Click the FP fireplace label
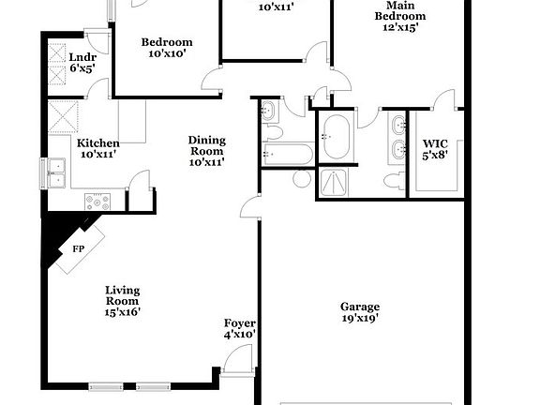pyautogui.click(x=79, y=248)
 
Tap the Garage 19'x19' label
pyautogui.click(x=360, y=312)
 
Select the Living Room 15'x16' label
pyautogui.click(x=123, y=301)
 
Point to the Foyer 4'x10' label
pyautogui.click(x=240, y=328)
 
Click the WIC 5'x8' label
pyautogui.click(x=435, y=149)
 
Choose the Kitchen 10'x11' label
pyautogui.click(x=98, y=148)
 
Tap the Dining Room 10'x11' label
pyautogui.click(x=207, y=151)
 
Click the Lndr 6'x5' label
pyautogui.click(x=82, y=63)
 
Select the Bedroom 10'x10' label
pyautogui.click(x=167, y=48)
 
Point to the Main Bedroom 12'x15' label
pyautogui.click(x=400, y=16)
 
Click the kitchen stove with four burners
pyautogui.click(x=97, y=202)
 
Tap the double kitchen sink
pyautogui.click(x=56, y=173)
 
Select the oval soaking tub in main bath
pyautogui.click(x=337, y=137)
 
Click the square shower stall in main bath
pyautogui.click(x=333, y=182)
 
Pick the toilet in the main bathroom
pyautogui.click(x=394, y=180)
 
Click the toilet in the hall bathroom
pyautogui.click(x=272, y=132)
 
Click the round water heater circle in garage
pyautogui.click(x=302, y=179)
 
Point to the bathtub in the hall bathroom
pyautogui.click(x=288, y=154)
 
